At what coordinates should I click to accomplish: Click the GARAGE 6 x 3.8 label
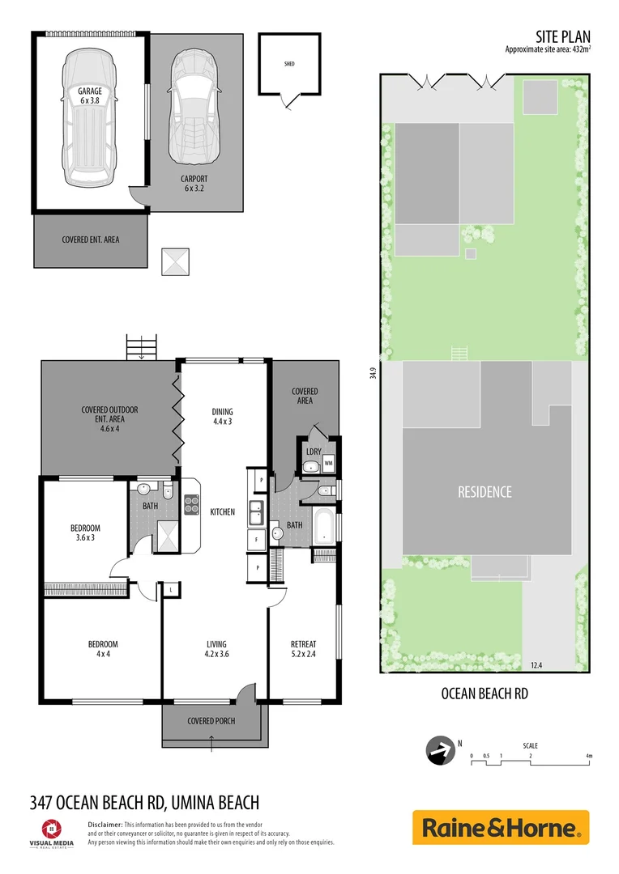pos(90,97)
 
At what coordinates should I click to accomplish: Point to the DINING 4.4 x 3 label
pos(222,416)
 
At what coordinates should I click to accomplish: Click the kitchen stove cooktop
pos(192,505)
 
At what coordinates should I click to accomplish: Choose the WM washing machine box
pos(328,464)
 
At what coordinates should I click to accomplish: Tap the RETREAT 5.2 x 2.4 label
pos(303,649)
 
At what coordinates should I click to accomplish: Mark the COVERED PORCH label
pos(211,720)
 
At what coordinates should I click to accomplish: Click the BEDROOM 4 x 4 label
pos(103,649)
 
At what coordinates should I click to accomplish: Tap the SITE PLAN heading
pos(562,36)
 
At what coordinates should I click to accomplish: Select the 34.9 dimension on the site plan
pos(373,373)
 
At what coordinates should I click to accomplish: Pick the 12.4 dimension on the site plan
pos(536,665)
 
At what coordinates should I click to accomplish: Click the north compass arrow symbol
pos(440,751)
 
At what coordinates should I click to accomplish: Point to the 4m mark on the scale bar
pos(589,756)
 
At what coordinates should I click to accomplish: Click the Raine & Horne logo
pos(501,828)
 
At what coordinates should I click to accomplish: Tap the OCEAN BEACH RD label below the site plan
pos(484,693)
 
